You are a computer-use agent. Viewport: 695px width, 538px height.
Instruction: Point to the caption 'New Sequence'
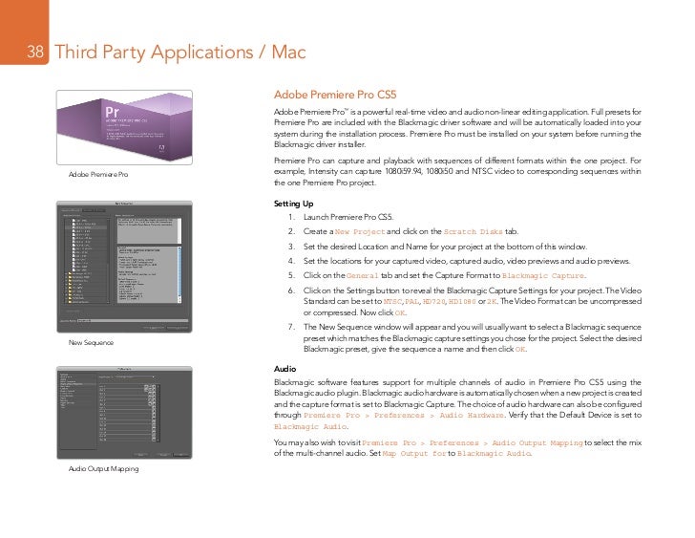pos(91,342)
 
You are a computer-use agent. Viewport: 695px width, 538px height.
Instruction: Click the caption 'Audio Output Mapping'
pos(103,469)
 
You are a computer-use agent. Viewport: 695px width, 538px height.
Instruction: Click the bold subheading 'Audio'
pos(284,369)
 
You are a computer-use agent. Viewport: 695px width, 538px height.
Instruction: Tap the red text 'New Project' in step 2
pos(361,232)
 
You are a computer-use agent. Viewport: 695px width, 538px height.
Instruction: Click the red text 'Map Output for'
pos(414,453)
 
